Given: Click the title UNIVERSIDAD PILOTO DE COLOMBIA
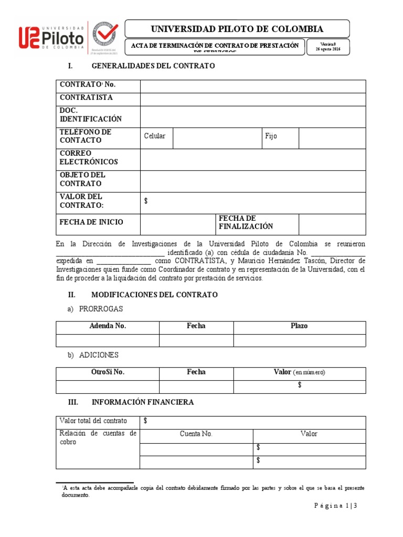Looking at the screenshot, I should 237,29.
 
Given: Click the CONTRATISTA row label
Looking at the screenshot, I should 86,98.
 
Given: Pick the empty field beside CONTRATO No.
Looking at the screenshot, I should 252,86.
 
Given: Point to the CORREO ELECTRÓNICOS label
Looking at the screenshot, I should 89,158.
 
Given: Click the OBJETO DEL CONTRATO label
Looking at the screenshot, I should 82,179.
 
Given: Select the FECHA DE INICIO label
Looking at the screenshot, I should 91,222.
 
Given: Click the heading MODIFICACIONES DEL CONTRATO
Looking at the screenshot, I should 154,295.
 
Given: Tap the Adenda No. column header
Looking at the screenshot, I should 108,326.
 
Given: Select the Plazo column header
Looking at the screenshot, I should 299,326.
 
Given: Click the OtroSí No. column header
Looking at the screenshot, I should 108,372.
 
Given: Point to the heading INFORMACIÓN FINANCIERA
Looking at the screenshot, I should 143,402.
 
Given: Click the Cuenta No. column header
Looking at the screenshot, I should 196,434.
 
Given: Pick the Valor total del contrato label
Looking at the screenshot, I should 93,421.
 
